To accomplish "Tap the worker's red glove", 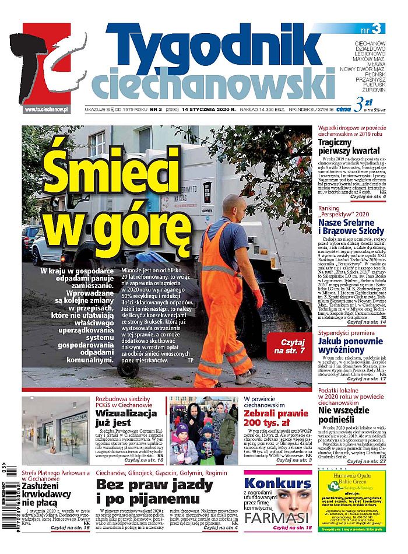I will point(257,298).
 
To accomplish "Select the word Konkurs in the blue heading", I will point(277,483).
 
